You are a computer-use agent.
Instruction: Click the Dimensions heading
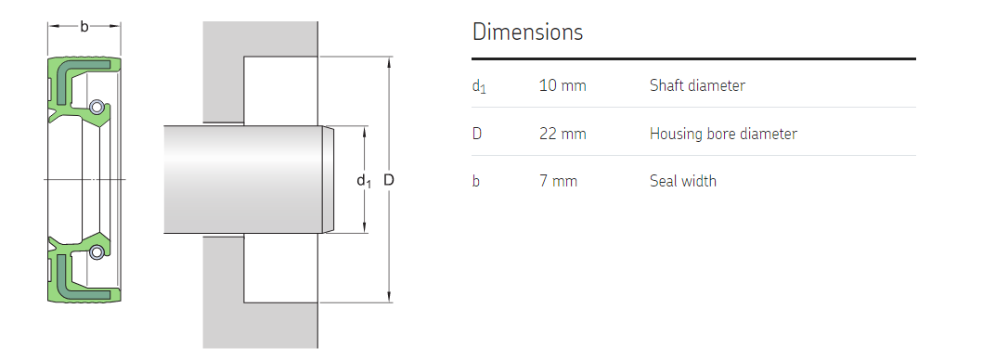tap(527, 32)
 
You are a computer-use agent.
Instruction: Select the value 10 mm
tap(563, 85)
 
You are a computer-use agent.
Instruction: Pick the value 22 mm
tap(563, 134)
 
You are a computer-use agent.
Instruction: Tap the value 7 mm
tap(558, 181)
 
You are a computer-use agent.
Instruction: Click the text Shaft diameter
tap(697, 85)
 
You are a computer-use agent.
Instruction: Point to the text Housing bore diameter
tap(723, 134)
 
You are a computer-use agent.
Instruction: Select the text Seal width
tap(682, 181)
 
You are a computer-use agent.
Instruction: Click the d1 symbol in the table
tap(479, 86)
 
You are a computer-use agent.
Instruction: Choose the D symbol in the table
tap(477, 134)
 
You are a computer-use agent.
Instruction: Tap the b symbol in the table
tap(476, 181)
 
